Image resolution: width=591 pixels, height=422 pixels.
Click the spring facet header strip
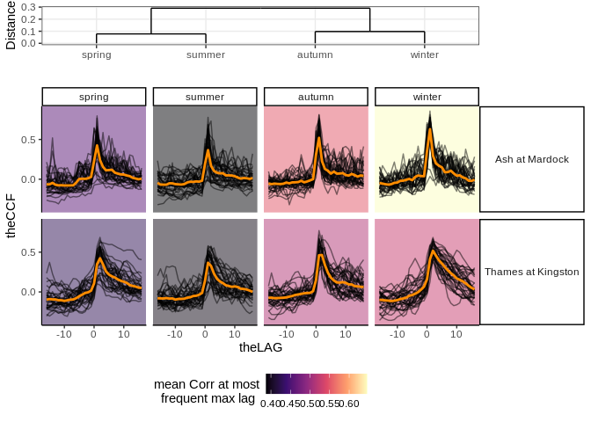click(94, 97)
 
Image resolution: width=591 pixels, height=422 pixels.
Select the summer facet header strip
click(205, 97)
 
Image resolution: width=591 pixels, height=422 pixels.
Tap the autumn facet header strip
click(316, 97)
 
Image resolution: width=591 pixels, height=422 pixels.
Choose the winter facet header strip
click(427, 97)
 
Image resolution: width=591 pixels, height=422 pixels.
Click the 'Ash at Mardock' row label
click(532, 159)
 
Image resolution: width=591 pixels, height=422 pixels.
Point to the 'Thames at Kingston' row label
click(532, 272)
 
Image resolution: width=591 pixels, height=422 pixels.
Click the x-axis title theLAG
click(260, 348)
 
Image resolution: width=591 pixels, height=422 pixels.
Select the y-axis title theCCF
click(11, 216)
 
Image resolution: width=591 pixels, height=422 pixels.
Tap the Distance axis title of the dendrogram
click(11, 25)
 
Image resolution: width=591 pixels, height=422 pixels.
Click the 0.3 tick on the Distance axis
click(30, 7)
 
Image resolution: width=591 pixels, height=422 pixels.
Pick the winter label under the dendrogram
click(425, 55)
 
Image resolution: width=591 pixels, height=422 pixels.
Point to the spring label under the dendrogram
click(96, 55)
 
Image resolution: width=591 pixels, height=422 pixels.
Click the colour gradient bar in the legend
click(317, 383)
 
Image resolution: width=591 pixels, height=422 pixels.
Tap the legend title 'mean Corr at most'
click(207, 384)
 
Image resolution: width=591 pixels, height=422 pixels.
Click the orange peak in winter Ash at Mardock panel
click(429, 131)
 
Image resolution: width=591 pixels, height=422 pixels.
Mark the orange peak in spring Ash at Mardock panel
click(97, 145)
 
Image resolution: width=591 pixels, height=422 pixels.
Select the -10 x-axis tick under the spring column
click(64, 334)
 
